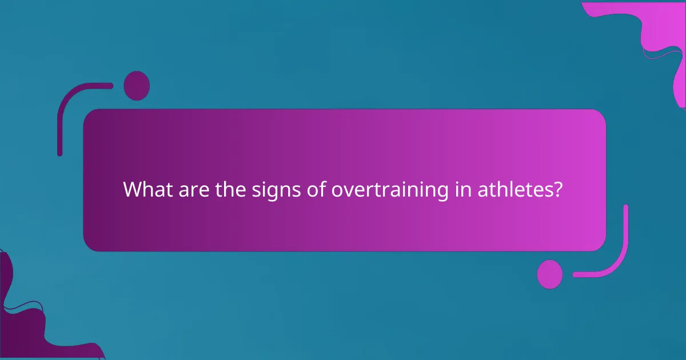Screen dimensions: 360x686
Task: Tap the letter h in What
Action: point(147,190)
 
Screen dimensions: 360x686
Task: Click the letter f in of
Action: point(317,189)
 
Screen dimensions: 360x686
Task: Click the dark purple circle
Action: point(137,86)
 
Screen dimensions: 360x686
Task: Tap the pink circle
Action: point(549,274)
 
